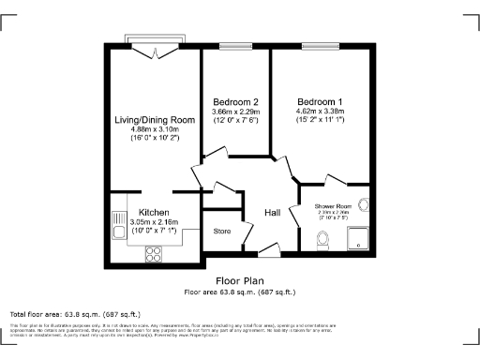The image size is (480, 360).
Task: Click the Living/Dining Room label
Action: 155,120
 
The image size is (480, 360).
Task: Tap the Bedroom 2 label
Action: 235,101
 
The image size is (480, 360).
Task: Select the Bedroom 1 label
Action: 321,101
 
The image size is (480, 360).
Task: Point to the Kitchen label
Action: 154,212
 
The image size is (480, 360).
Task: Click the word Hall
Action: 273,212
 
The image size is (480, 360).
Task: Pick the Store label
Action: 222,231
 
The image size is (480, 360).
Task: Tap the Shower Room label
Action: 333,205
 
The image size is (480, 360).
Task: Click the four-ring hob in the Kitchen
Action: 154,252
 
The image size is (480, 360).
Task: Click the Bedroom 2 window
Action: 235,44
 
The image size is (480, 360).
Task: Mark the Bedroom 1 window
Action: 315,44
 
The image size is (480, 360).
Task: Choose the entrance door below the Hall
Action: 268,250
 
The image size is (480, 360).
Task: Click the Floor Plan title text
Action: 240,280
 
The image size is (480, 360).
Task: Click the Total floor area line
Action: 70,313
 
